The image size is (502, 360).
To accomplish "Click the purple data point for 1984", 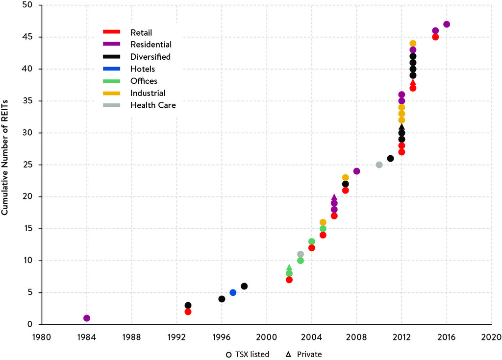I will coord(87,318).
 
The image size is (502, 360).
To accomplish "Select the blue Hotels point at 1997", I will coord(233,292).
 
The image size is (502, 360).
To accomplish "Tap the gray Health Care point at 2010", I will coord(379,165).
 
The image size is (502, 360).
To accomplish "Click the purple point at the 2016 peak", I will coord(447,24).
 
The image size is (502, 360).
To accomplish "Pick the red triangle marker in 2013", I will coord(413,82).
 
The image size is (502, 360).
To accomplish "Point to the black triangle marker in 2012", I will coord(402,127).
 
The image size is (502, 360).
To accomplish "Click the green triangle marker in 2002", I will coord(289,267).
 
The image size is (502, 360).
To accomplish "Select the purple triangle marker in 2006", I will coord(334,197).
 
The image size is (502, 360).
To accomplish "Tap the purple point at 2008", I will coord(357,171).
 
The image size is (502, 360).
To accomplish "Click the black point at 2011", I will coord(390,158).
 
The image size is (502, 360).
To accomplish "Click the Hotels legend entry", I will coord(142,69).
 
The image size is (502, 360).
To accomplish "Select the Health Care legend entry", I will coord(152,105).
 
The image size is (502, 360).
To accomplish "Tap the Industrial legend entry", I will coord(148,93).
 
